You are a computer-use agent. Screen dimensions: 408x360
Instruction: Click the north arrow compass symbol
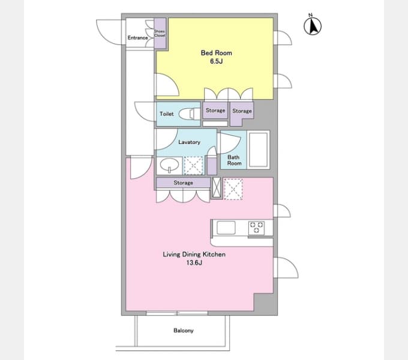[313, 25]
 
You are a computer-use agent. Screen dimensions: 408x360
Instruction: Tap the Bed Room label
[216, 53]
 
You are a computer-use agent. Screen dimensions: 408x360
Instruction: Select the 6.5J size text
[216, 61]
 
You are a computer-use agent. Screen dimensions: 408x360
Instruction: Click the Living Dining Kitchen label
[194, 254]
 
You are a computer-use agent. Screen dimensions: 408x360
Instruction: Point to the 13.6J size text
[194, 262]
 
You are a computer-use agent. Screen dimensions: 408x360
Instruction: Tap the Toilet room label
[167, 114]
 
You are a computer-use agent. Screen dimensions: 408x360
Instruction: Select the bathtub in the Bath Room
[258, 150]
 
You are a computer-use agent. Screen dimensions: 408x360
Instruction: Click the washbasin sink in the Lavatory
[169, 165]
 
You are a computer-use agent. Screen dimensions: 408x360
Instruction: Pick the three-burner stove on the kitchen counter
[256, 227]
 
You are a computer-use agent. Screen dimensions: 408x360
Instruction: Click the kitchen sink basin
[226, 227]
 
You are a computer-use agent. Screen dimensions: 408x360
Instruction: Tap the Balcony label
[184, 331]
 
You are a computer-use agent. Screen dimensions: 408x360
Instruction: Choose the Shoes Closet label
[160, 33]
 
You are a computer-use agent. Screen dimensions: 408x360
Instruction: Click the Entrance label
[137, 38]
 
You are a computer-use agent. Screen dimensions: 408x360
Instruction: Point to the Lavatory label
[189, 142]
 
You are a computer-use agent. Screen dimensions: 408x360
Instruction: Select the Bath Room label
[234, 160]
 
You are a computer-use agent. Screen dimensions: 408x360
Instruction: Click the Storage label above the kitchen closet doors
[183, 182]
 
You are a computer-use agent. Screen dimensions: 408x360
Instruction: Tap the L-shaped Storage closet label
[242, 111]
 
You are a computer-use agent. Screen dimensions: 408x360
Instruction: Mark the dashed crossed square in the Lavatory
[193, 166]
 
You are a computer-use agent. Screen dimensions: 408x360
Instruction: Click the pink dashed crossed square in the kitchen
[233, 189]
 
